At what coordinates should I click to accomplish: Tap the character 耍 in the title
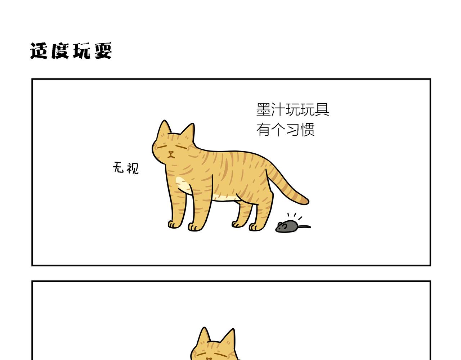click(103, 51)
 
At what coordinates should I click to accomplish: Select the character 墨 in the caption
click(263, 109)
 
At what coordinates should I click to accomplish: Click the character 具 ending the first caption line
click(322, 109)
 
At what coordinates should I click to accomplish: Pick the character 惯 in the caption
click(307, 129)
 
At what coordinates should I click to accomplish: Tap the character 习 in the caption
click(292, 129)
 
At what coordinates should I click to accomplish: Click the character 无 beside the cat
click(118, 167)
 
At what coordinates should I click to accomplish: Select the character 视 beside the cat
click(133, 168)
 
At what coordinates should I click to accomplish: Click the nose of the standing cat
click(171, 152)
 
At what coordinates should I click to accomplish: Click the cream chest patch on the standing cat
click(182, 185)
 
